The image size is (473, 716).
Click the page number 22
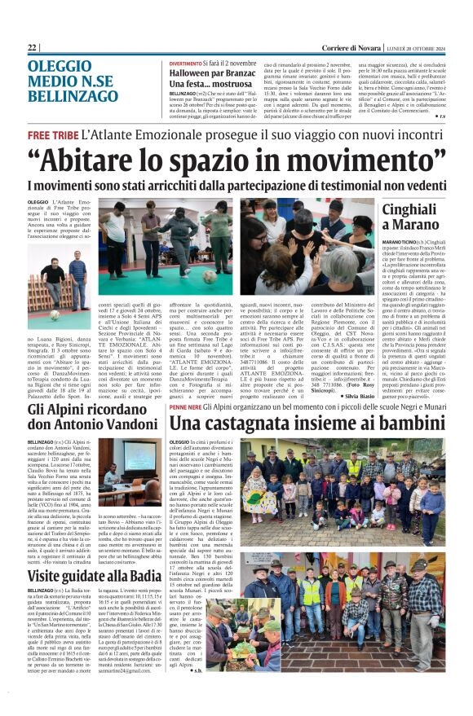coord(33,48)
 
